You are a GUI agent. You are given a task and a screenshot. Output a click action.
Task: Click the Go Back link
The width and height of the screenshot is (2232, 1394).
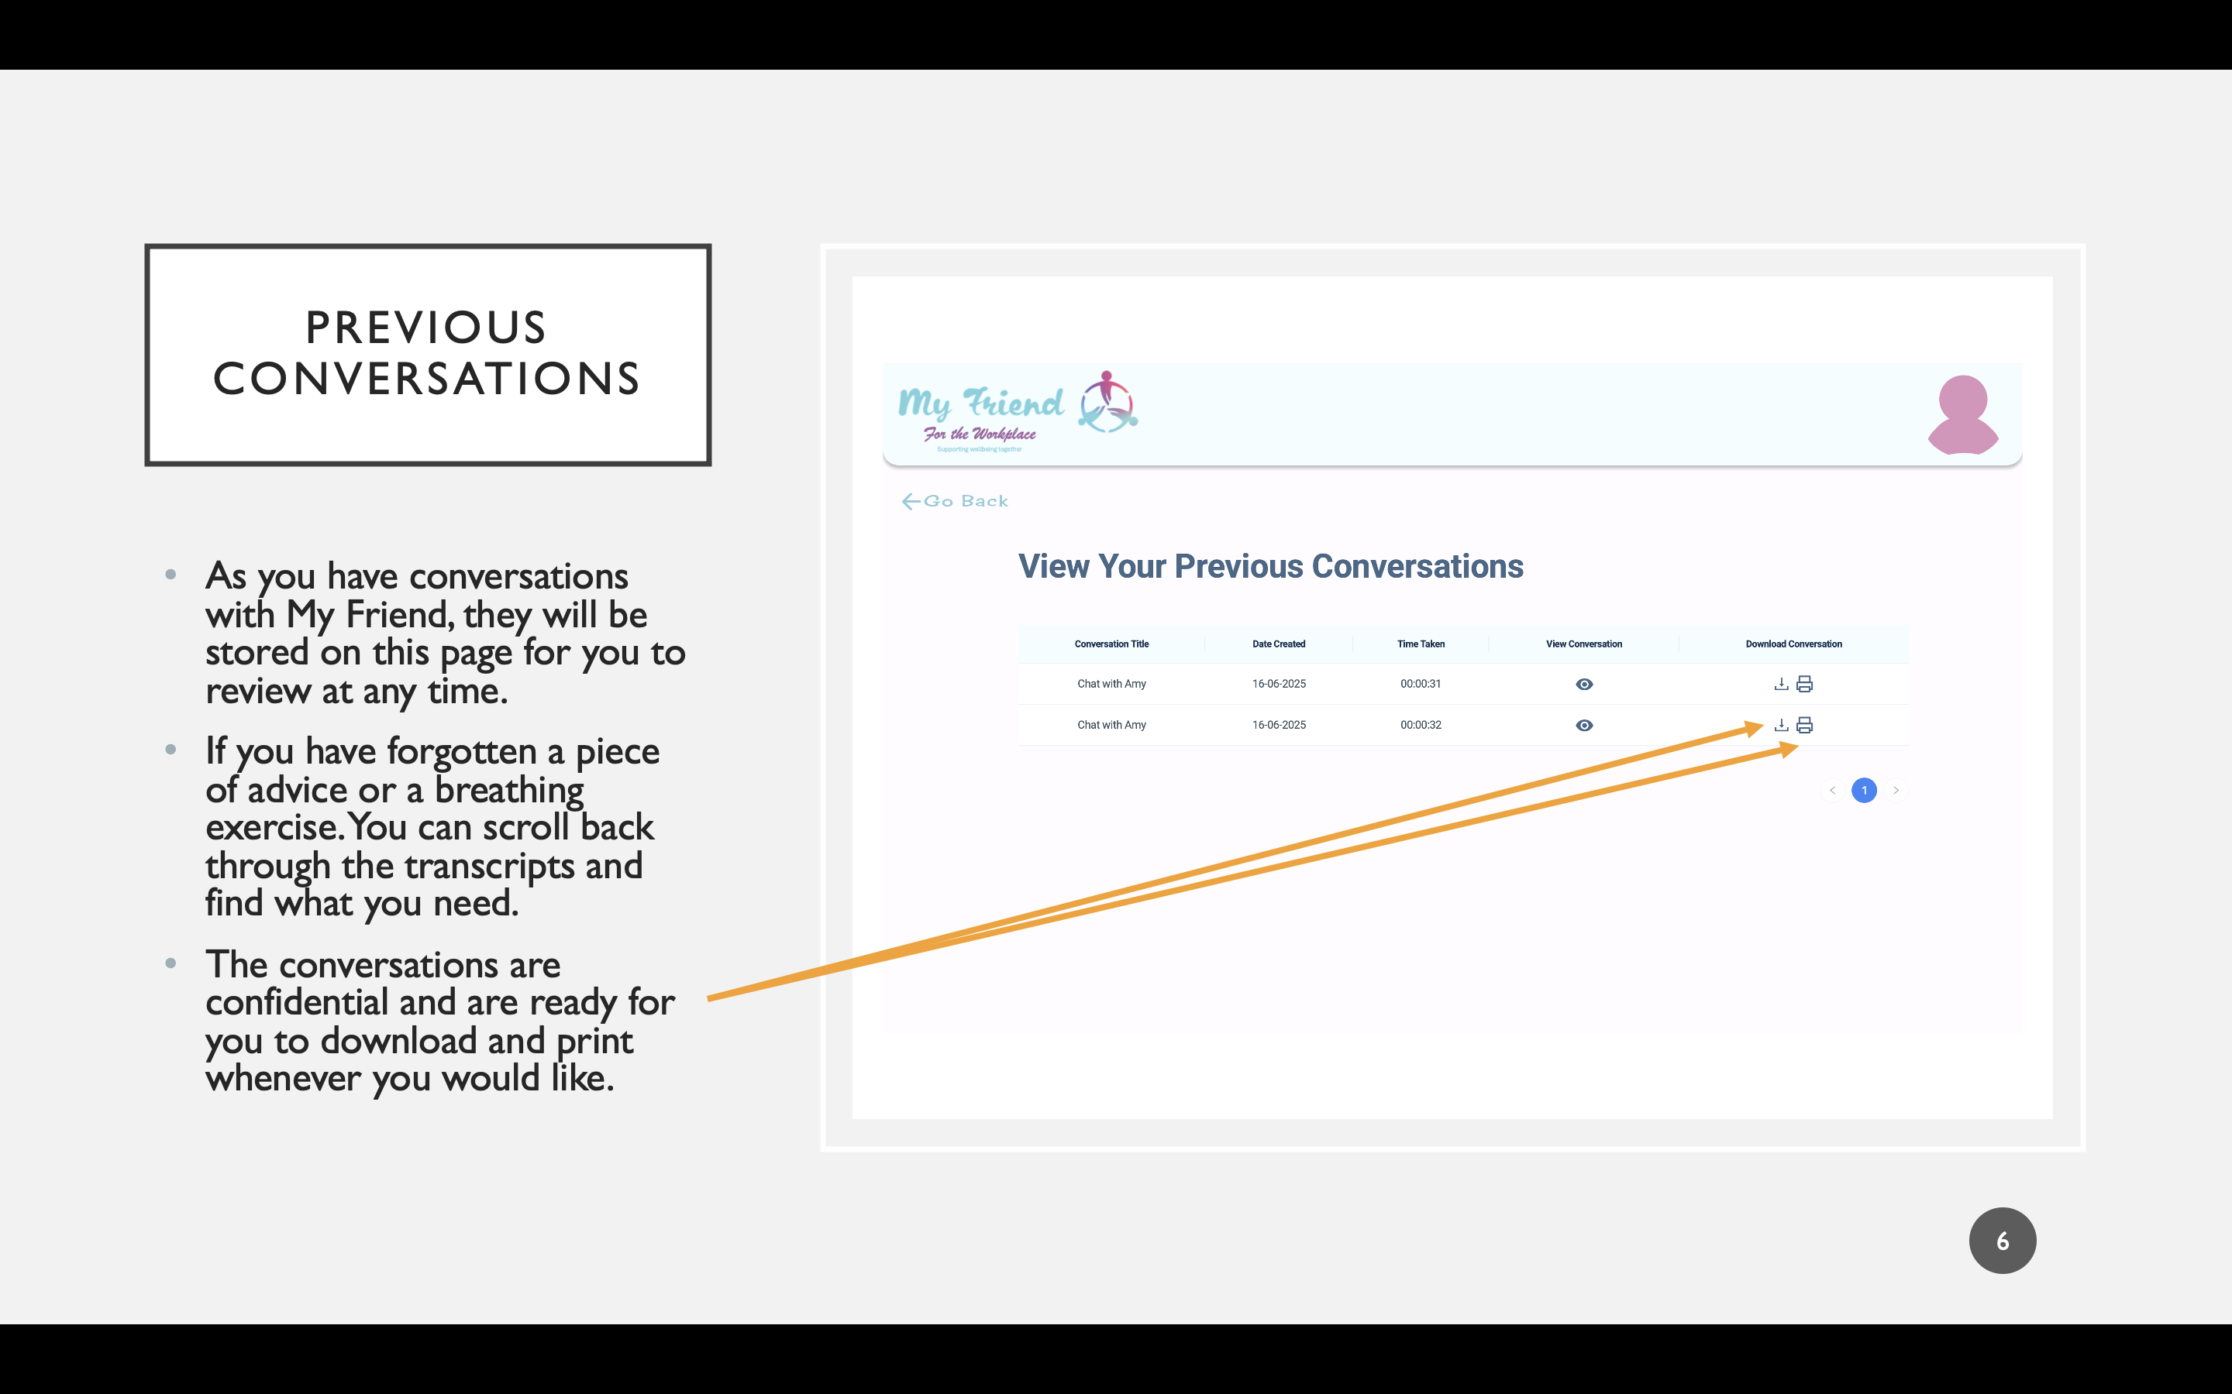(955, 500)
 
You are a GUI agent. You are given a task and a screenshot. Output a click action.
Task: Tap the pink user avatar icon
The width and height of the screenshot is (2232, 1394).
(1962, 415)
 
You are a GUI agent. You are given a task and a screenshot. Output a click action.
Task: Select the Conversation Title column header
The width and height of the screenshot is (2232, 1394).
(1111, 644)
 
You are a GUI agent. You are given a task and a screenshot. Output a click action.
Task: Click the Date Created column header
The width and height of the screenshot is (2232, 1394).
(1278, 644)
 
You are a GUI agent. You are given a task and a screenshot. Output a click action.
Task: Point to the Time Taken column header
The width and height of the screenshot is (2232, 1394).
(1421, 644)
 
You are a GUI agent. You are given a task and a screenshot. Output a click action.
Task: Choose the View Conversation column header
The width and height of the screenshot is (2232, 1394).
(1583, 644)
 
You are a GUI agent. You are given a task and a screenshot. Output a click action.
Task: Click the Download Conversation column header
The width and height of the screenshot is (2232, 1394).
(1793, 644)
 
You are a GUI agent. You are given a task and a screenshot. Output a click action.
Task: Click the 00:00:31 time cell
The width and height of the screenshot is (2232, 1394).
(1421, 683)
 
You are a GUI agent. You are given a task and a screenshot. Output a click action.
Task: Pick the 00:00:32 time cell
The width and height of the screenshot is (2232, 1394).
(1421, 725)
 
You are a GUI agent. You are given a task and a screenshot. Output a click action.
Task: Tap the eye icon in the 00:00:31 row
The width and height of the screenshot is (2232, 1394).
(1583, 684)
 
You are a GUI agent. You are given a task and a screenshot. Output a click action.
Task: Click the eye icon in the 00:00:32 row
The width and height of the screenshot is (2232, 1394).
(1583, 725)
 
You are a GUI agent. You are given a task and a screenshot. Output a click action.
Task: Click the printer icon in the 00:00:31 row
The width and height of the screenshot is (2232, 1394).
(1804, 683)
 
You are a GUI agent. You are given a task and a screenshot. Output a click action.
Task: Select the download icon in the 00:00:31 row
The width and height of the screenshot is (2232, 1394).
(1781, 683)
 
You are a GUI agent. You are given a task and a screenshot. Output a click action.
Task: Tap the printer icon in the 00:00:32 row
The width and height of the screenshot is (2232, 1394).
(1804, 725)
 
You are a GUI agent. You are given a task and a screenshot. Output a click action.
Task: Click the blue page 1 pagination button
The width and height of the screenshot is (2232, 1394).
(1864, 790)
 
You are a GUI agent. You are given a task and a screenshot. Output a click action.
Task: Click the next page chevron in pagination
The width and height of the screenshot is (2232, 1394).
(1896, 790)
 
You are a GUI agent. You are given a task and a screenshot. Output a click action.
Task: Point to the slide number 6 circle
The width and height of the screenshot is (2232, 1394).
(2003, 1240)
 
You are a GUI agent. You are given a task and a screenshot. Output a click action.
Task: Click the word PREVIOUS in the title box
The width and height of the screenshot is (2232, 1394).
(426, 328)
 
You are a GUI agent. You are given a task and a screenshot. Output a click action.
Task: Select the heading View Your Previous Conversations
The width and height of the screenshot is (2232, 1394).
(1270, 566)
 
